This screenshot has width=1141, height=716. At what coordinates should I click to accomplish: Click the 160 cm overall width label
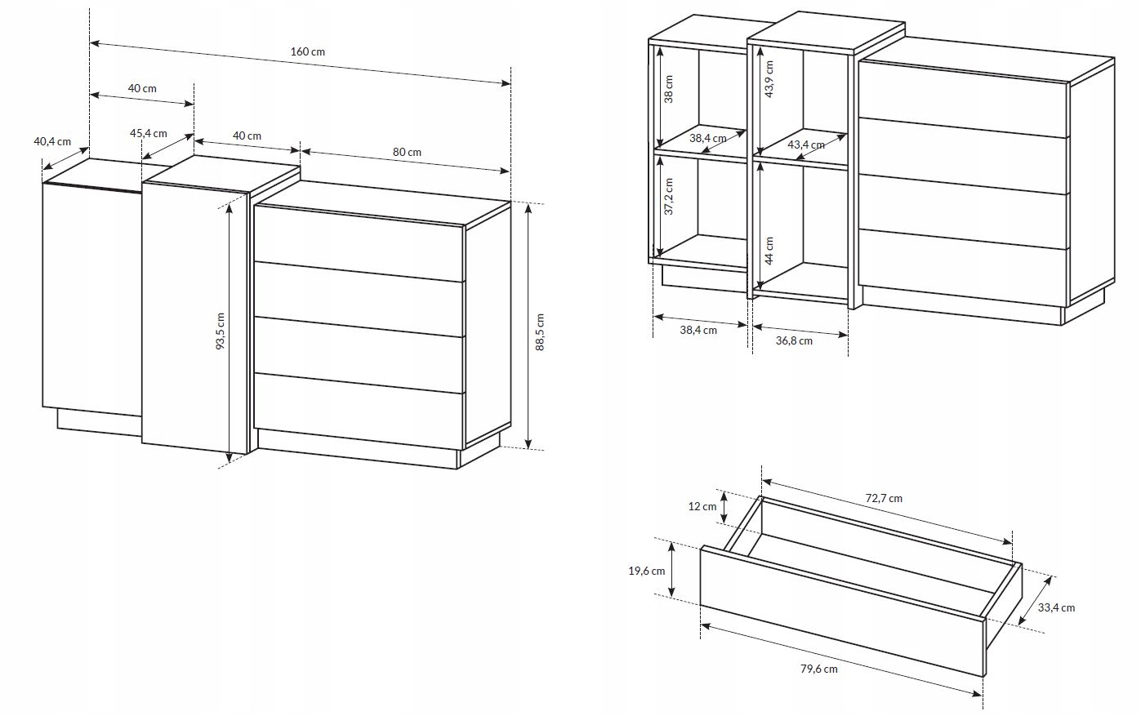click(x=308, y=51)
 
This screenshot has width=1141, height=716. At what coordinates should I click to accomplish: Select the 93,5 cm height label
click(x=220, y=331)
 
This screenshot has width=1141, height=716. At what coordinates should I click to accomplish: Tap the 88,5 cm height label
click(x=540, y=332)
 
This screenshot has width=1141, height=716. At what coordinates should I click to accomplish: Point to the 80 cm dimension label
click(x=407, y=152)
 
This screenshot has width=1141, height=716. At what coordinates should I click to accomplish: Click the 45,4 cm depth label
click(x=148, y=133)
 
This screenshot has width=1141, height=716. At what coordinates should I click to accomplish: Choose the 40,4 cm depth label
click(x=52, y=141)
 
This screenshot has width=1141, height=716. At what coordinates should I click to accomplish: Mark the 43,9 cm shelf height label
click(x=769, y=79)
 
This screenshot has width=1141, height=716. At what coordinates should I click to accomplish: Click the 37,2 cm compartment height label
click(x=669, y=196)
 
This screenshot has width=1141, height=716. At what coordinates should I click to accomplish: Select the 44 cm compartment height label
click(x=769, y=251)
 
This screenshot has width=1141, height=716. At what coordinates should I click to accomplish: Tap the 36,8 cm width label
click(x=794, y=340)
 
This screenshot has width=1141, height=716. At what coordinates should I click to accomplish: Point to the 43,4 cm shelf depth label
click(x=806, y=145)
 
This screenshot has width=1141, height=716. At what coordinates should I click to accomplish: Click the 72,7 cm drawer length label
click(x=884, y=499)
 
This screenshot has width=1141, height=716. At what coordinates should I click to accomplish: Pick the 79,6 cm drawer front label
click(x=818, y=669)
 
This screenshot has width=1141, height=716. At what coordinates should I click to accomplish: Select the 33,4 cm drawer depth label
click(x=1056, y=607)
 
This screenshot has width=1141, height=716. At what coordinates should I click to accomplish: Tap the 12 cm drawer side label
click(x=702, y=506)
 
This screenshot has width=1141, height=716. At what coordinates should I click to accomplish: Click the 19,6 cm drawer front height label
click(x=646, y=571)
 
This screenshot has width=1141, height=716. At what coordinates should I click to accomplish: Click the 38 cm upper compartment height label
click(x=669, y=89)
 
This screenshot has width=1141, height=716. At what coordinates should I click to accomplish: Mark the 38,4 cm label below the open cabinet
click(x=698, y=330)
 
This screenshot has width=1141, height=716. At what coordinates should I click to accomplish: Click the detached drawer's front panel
click(x=843, y=611)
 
